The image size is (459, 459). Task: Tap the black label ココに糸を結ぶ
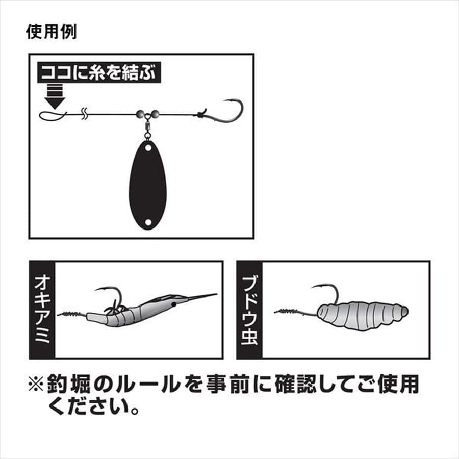point(99,73)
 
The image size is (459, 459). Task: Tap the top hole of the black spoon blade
point(147,148)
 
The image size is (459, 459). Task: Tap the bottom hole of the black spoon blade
point(147,222)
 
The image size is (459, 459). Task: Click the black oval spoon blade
point(147,186)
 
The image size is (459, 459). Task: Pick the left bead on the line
point(140,114)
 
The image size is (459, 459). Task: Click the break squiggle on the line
point(86,113)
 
